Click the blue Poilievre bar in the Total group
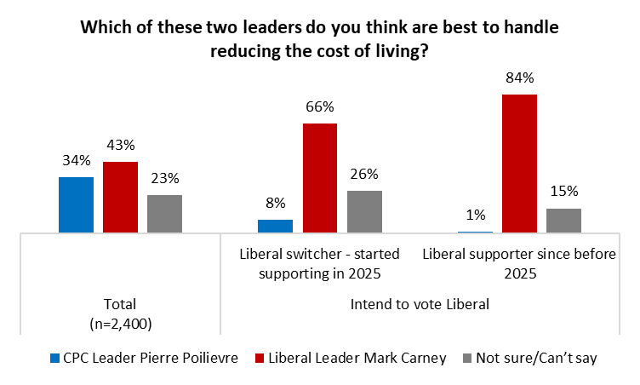click(76, 204)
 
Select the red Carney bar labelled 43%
click(120, 197)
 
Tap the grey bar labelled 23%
click(164, 213)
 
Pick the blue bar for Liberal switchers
click(275, 226)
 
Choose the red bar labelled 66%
click(319, 177)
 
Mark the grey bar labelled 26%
click(364, 211)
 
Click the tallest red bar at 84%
click(519, 163)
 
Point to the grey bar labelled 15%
click(563, 221)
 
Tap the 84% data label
click(519, 78)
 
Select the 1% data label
click(475, 215)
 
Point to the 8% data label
click(275, 204)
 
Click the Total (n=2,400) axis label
click(120, 313)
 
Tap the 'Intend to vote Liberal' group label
click(420, 304)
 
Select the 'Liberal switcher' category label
click(319, 263)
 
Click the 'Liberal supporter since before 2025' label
click(519, 263)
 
